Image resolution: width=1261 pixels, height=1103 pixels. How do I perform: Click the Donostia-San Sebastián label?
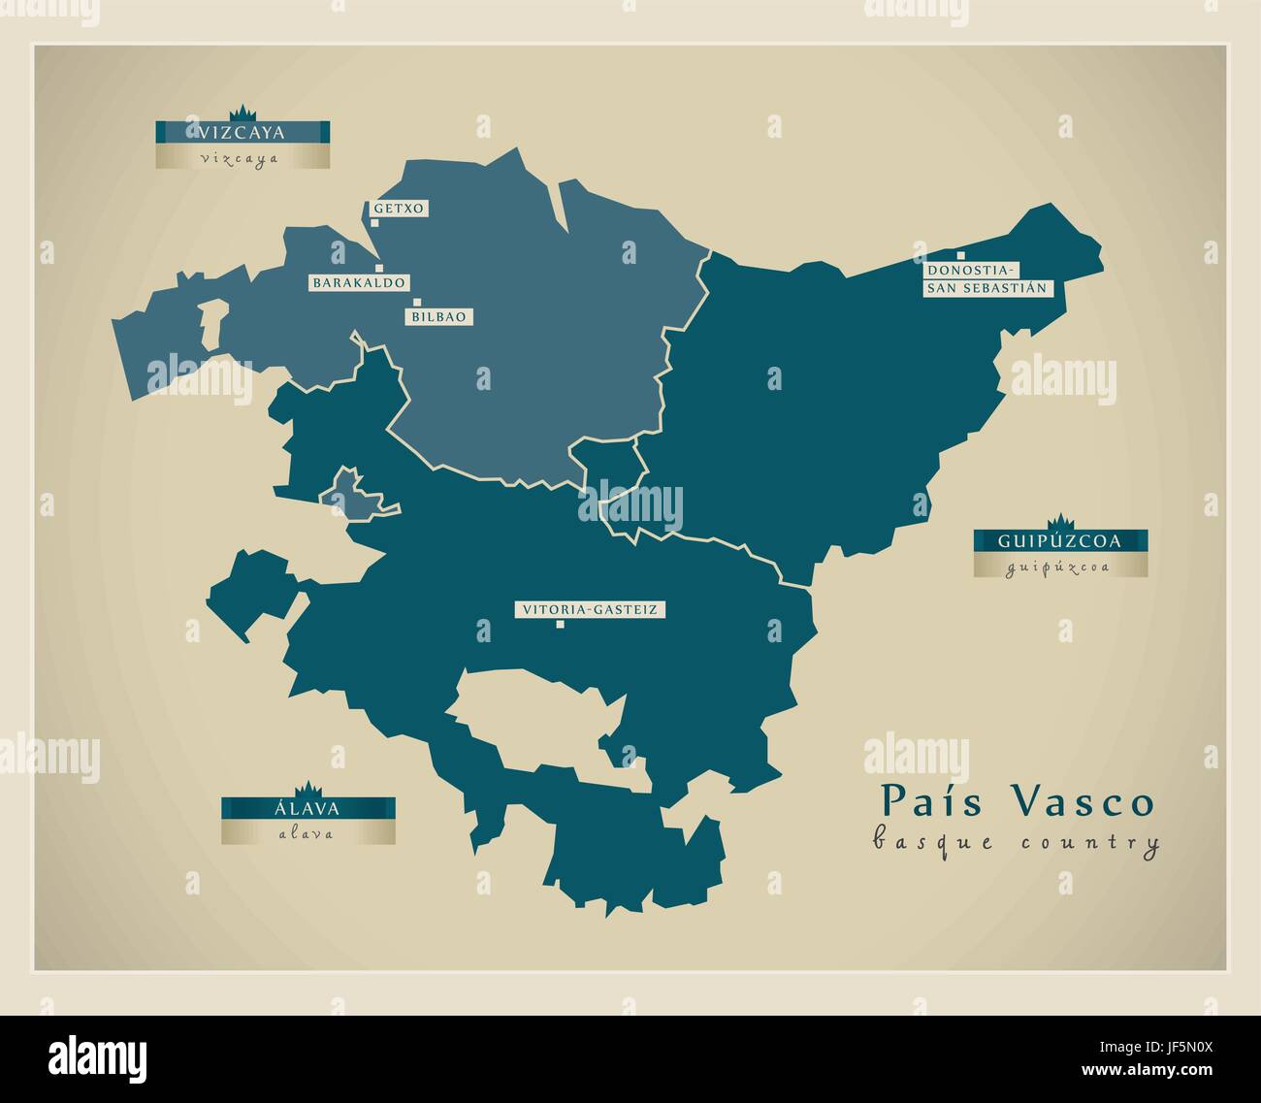pos(986,278)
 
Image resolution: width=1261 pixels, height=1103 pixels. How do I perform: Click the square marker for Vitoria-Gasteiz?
pos(560,625)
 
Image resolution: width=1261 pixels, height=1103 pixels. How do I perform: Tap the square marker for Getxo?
pos(374,222)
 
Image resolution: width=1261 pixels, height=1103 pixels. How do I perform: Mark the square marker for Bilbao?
pos(417,303)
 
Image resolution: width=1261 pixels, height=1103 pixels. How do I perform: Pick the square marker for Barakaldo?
pos(379,268)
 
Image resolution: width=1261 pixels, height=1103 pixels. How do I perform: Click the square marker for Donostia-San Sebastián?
pos(934,255)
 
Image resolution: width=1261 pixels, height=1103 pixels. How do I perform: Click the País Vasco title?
pos(1018,802)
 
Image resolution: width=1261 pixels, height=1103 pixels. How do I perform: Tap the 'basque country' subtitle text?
pos(1016,842)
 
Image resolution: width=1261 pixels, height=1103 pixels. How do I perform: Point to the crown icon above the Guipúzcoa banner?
pos(1060,521)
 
